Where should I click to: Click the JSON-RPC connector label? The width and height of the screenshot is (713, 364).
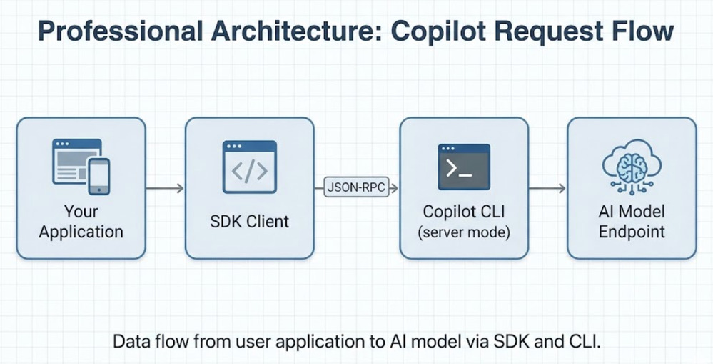pos(356,187)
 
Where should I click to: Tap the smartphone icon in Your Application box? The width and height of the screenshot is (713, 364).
pos(98,177)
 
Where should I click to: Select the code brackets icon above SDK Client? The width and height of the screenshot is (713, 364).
pos(250,167)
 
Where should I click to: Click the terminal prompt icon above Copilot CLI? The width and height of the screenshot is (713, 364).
pos(464,167)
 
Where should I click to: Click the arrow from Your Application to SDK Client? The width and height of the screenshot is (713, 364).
pos(165,187)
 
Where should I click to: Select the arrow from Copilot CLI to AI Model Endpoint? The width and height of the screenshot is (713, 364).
pos(547,187)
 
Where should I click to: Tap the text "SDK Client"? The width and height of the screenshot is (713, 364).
pos(250,222)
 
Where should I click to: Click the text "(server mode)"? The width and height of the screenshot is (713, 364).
pos(464,232)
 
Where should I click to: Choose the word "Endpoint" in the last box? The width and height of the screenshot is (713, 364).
pos(632,232)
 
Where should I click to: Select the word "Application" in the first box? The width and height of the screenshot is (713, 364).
pos(81,232)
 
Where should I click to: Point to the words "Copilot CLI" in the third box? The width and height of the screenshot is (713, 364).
pos(464,212)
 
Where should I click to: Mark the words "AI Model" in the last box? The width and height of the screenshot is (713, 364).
pos(632,212)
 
